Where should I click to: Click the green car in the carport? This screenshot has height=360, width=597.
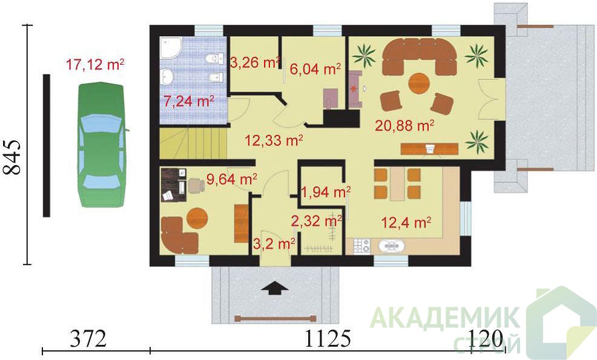pyautogui.click(x=102, y=145)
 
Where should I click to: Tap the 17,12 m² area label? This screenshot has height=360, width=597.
pyautogui.click(x=95, y=65)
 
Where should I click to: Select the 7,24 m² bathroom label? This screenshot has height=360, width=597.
pyautogui.click(x=188, y=101)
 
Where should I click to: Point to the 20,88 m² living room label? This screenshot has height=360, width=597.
pyautogui.click(x=404, y=125)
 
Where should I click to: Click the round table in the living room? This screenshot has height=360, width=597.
pyautogui.click(x=419, y=83)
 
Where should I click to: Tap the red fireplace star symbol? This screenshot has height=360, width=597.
pyautogui.click(x=354, y=90)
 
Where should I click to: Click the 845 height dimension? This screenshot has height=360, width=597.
pyautogui.click(x=12, y=157)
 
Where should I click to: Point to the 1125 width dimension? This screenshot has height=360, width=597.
pyautogui.click(x=328, y=338)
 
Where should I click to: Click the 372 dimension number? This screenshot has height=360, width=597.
pyautogui.click(x=88, y=338)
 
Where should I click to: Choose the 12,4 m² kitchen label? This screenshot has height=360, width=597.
pyautogui.click(x=406, y=222)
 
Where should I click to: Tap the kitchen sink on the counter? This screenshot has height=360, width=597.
pyautogui.click(x=391, y=246)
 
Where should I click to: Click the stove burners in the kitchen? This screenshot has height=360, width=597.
pyautogui.click(x=361, y=246)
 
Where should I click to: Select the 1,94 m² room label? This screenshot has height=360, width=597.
pyautogui.click(x=326, y=192)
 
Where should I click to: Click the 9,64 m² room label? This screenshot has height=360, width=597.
pyautogui.click(x=231, y=178)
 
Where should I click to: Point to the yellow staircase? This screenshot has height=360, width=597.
pyautogui.click(x=193, y=143)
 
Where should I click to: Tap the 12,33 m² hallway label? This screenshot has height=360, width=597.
pyautogui.click(x=274, y=140)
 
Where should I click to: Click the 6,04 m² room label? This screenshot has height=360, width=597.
pyautogui.click(x=315, y=69)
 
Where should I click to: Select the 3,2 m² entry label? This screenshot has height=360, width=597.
pyautogui.click(x=274, y=244)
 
